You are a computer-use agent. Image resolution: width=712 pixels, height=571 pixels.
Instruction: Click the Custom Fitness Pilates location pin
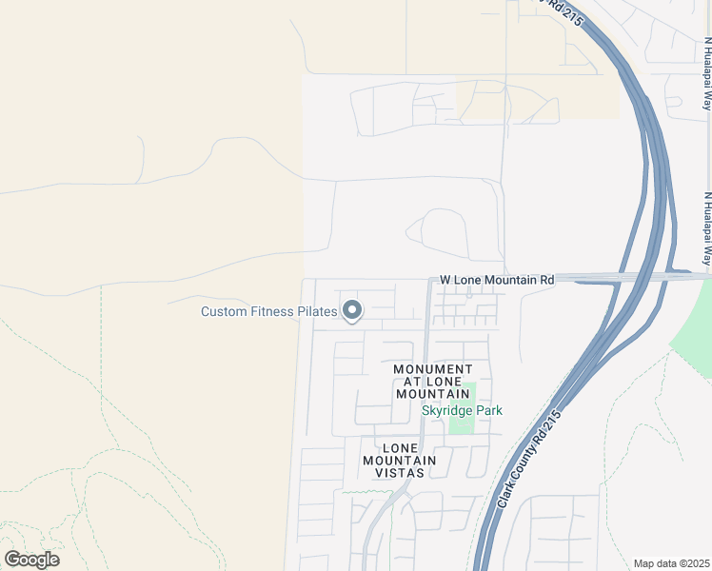352,310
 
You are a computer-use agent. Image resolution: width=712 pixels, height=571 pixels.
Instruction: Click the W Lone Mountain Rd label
496,281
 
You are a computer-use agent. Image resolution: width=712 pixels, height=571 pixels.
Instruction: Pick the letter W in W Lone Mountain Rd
445,281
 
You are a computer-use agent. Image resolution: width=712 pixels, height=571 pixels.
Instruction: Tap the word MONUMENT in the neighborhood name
433,369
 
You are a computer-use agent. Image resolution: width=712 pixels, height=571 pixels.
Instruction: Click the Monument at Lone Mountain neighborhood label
433,382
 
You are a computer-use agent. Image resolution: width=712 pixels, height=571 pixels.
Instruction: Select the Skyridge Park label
462,410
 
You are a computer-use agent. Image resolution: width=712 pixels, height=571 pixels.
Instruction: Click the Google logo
31,560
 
